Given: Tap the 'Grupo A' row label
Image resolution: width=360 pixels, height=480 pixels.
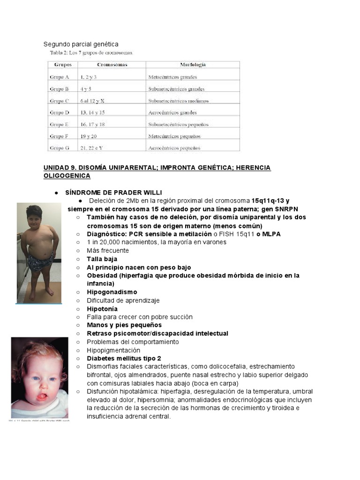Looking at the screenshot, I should click(59, 77).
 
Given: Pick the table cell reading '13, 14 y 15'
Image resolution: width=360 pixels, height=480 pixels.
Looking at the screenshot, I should click(92, 112).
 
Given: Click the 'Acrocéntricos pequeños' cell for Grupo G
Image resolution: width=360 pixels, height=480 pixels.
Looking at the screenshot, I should click(174, 148).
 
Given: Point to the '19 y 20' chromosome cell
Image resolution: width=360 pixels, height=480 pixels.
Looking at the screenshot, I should click(88, 136).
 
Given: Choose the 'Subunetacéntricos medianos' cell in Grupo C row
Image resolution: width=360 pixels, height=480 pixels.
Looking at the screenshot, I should click(178, 101).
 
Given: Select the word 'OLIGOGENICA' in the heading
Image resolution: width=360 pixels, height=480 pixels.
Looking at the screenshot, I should click(67, 176).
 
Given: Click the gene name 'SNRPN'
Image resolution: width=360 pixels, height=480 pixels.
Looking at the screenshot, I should click(285, 209).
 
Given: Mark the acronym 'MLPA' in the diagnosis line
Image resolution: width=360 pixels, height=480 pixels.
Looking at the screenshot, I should click(271, 234).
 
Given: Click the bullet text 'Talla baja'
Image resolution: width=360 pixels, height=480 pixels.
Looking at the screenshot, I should click(102, 259).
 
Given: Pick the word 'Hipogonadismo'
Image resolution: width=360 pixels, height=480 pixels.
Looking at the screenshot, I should click(112, 292).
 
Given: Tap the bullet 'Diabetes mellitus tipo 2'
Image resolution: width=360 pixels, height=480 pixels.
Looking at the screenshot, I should click(124, 359).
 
